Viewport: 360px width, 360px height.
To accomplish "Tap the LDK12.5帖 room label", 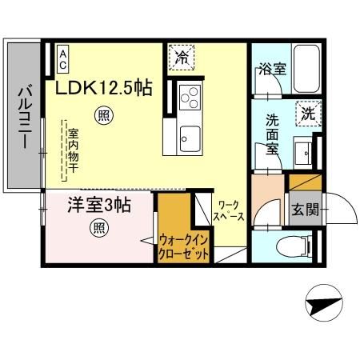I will (x=103, y=87).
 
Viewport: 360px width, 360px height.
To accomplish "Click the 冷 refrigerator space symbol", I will (x=183, y=58).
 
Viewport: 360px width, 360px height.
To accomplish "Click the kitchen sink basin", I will (x=191, y=134).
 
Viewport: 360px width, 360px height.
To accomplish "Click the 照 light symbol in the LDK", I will (x=103, y=114).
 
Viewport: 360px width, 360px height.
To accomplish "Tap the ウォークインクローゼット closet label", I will (x=184, y=245).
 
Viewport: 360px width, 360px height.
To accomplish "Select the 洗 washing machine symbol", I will (x=308, y=113).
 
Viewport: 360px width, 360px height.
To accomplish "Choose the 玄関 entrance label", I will (x=304, y=210).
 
